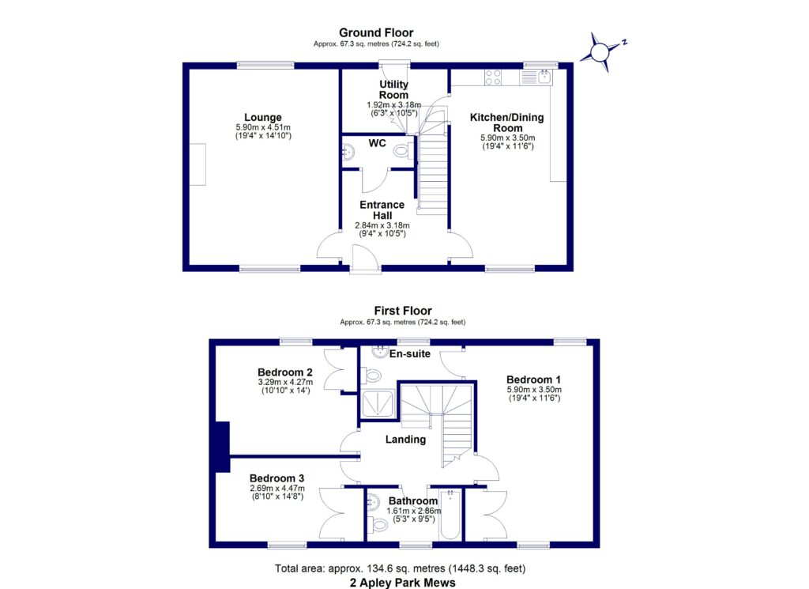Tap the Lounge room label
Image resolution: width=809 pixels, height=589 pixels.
point(263,118)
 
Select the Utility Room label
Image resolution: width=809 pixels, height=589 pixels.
point(393,89)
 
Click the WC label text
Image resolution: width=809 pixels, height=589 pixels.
point(376,143)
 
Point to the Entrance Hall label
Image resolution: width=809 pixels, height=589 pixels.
point(382,210)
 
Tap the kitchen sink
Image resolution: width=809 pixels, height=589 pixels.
point(545,77)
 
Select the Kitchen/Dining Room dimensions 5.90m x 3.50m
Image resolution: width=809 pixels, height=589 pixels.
point(506,137)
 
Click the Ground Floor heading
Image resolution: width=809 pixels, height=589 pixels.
point(376,32)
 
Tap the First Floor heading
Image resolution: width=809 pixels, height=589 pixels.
point(403,311)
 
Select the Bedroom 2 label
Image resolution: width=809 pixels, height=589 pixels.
point(285,372)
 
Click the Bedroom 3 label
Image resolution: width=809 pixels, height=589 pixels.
point(277,478)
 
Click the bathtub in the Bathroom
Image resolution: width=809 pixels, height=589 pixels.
point(450,515)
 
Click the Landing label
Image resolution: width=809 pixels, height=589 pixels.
point(405,439)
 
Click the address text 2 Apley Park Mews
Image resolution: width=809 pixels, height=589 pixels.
point(403,582)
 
